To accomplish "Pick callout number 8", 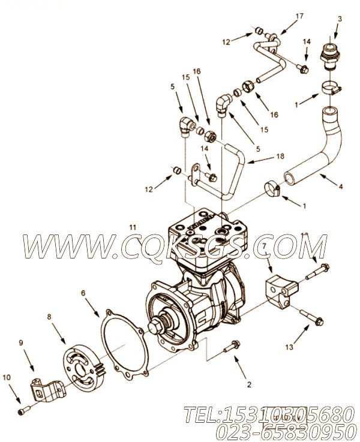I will coord(49,317).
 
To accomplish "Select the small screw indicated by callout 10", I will coord(23,410).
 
